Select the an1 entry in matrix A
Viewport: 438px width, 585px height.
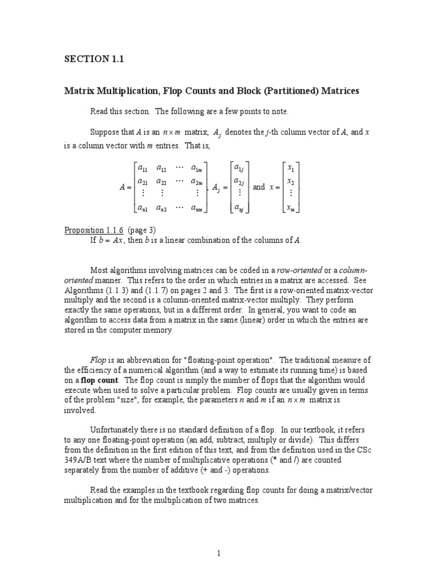point(142,209)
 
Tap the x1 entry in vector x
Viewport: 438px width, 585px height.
point(291,169)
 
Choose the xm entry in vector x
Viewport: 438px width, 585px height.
point(291,209)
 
